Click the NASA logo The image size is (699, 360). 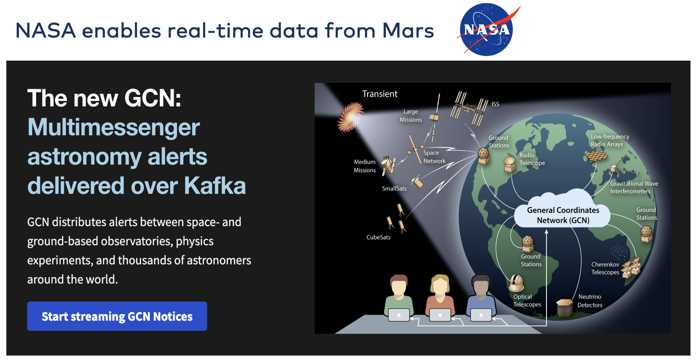point(487,30)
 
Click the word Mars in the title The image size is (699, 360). point(408,31)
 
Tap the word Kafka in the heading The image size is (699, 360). point(215,186)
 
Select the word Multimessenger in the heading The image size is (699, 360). point(114,127)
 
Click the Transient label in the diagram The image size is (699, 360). point(379,94)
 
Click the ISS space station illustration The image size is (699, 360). point(469,109)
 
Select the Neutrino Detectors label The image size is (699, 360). point(589,301)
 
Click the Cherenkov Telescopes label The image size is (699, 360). point(605,268)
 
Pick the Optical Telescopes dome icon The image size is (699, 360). point(516,283)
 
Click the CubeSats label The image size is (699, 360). point(378,237)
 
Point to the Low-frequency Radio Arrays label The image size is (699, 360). point(609,140)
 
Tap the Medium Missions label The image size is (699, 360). point(365,166)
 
